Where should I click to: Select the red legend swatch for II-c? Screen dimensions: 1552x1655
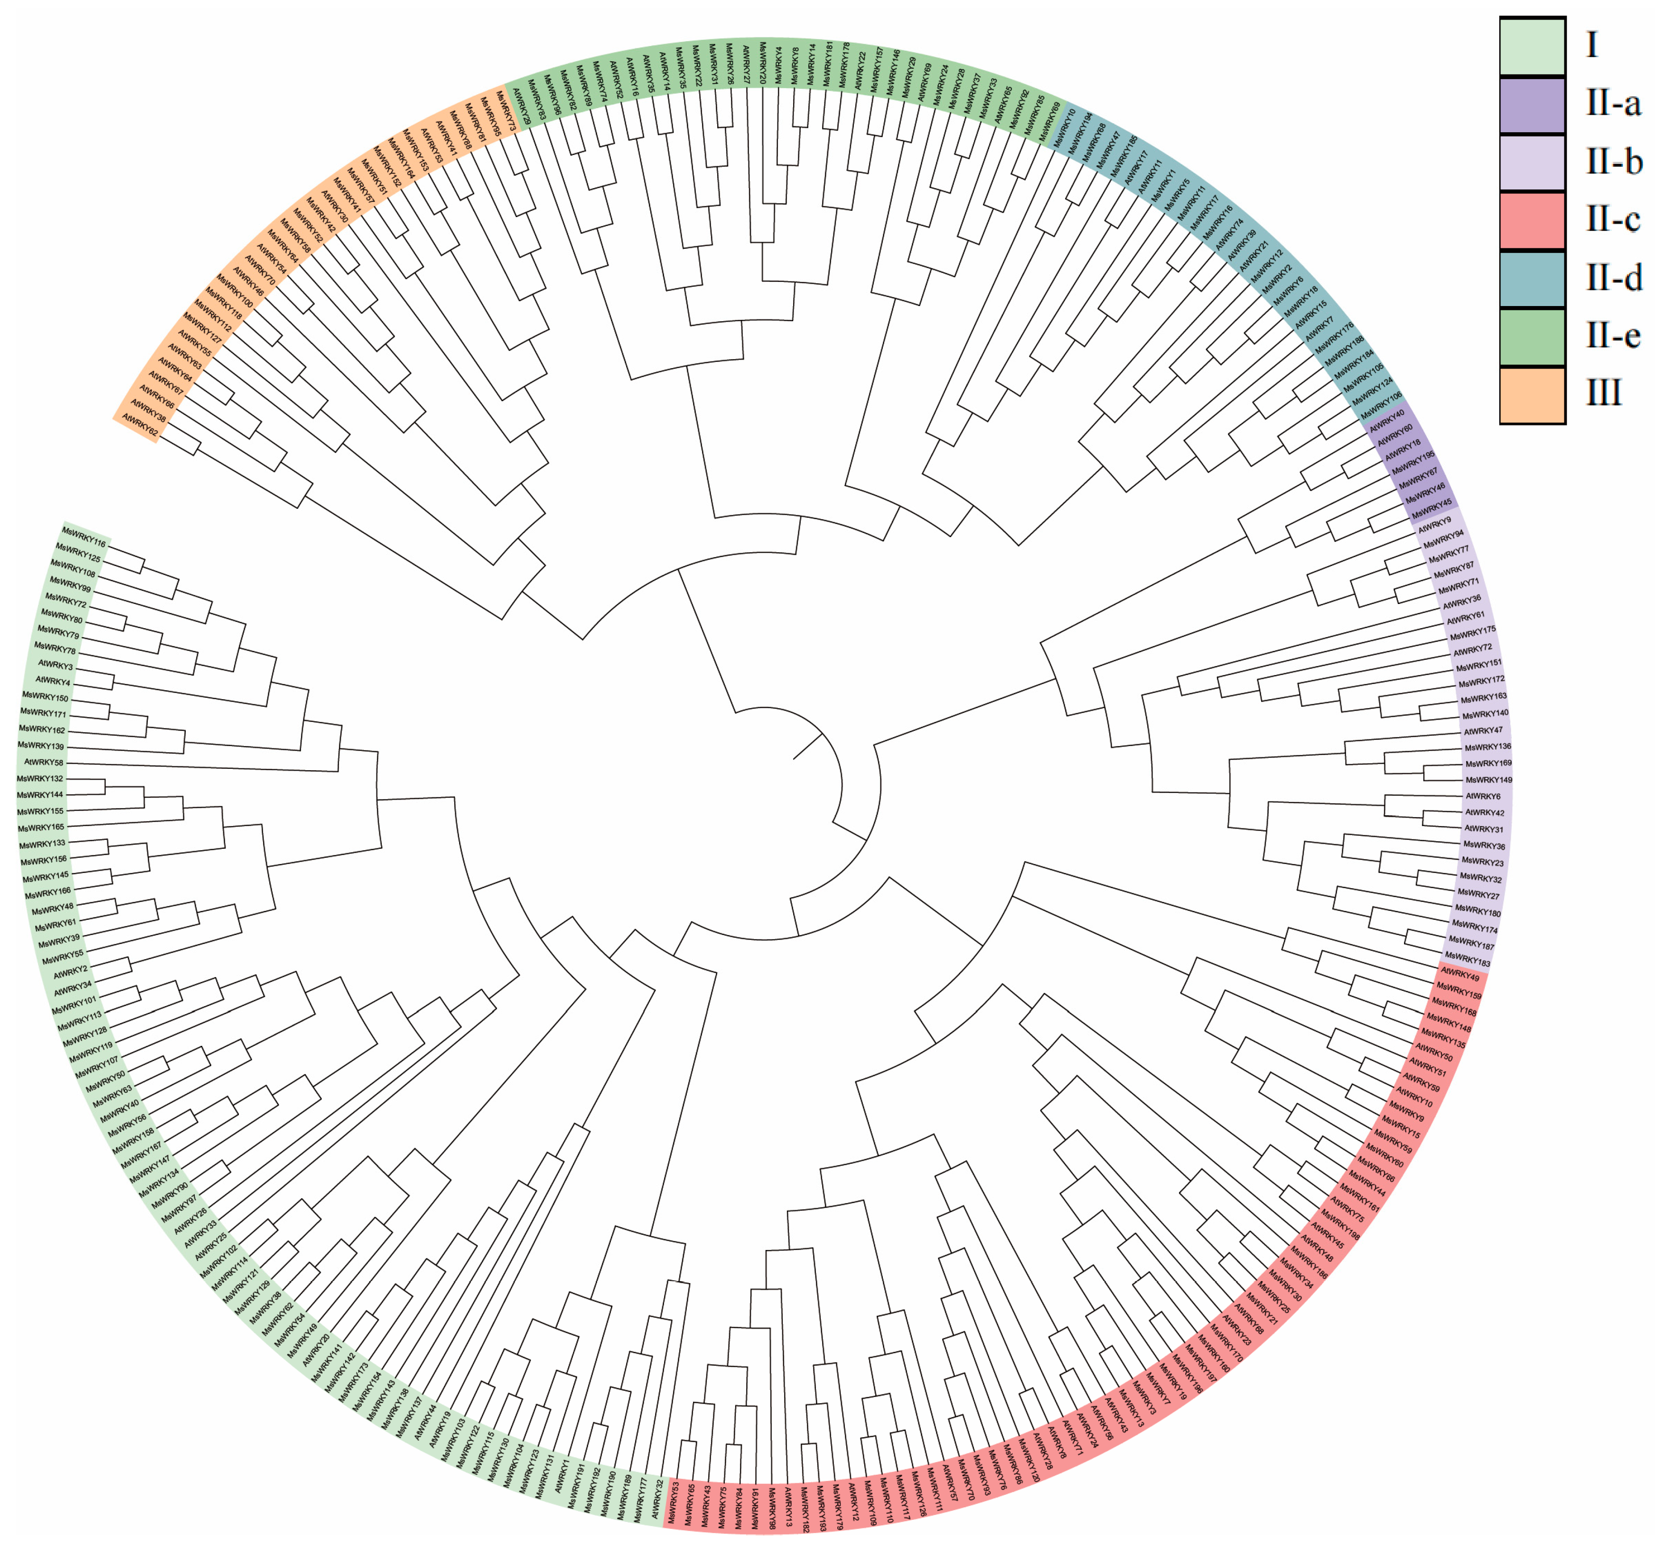(x=1532, y=221)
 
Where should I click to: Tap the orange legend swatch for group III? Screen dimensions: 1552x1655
(x=1532, y=394)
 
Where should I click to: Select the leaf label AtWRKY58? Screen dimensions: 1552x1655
(x=43, y=762)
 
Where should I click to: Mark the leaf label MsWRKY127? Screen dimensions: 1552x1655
(x=202, y=327)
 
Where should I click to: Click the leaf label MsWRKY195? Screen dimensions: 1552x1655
(x=1413, y=462)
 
